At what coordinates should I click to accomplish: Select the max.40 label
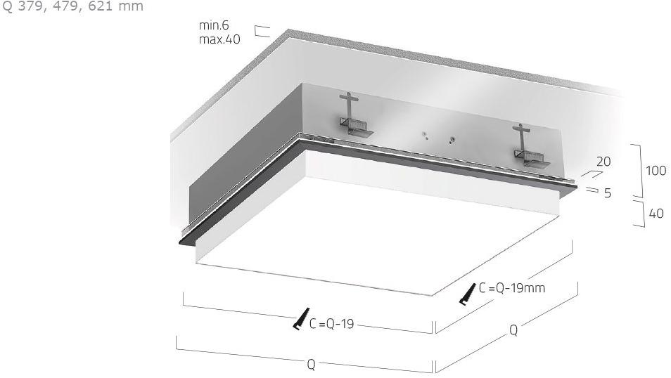coord(219,39)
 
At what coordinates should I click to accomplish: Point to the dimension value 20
coord(603,162)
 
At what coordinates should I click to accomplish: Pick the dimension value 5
coord(607,193)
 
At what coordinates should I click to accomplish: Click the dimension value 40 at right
coord(656,213)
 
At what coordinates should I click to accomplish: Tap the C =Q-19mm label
coord(512,287)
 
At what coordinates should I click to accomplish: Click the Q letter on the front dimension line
coord(311,365)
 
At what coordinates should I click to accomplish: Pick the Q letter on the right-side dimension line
coord(513,330)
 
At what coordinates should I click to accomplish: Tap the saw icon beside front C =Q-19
coord(300,319)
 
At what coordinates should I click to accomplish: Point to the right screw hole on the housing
coord(454,138)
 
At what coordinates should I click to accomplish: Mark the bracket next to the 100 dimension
coord(638,170)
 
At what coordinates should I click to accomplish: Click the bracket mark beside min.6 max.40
coord(262,31)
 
